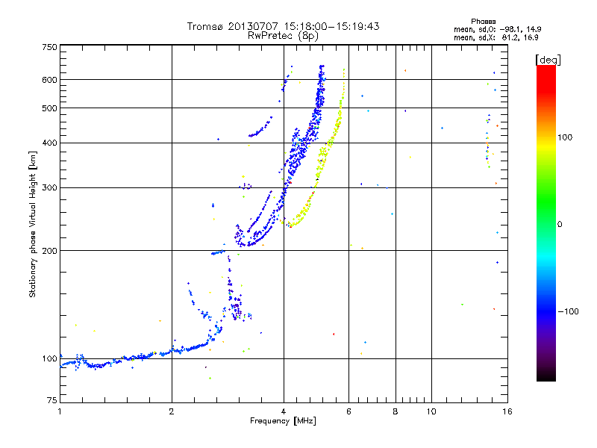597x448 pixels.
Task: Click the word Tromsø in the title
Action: click(205, 26)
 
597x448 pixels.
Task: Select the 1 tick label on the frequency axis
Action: click(60, 411)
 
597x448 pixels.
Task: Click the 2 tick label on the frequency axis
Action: click(172, 411)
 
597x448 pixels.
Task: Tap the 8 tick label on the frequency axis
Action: click(396, 411)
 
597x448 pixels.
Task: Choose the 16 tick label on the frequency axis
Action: click(507, 411)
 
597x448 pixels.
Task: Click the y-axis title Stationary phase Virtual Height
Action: click(33, 224)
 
